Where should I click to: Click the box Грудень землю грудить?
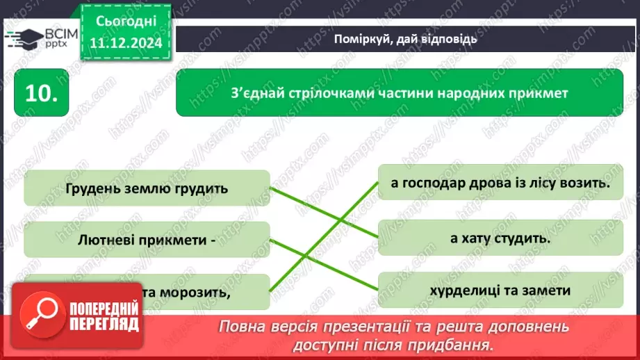click(x=146, y=188)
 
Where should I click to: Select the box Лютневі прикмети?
click(x=146, y=240)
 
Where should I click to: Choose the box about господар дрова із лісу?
click(x=500, y=183)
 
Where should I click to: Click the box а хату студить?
click(x=500, y=238)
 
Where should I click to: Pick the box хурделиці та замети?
click(x=500, y=291)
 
